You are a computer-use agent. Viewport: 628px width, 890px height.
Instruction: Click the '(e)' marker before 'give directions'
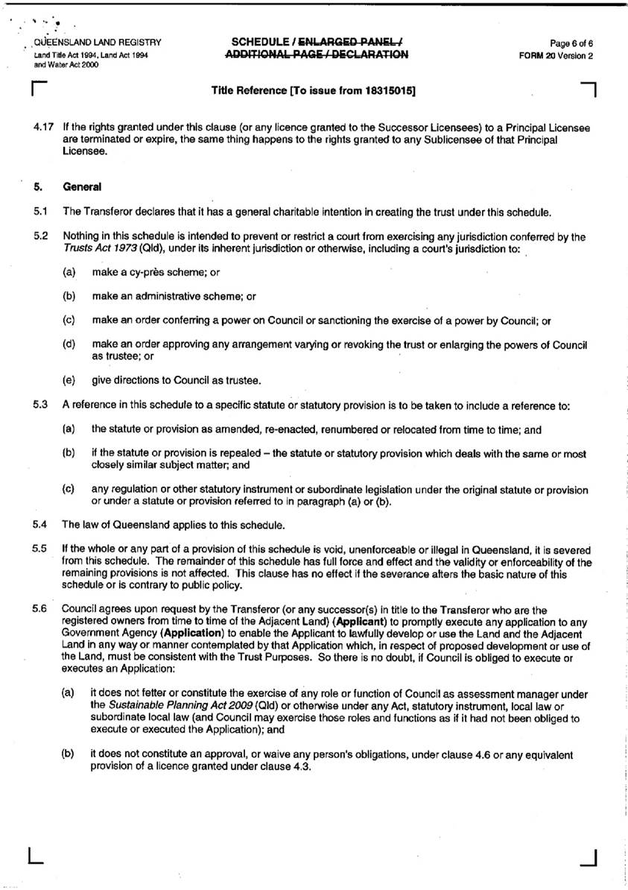tap(69, 381)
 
